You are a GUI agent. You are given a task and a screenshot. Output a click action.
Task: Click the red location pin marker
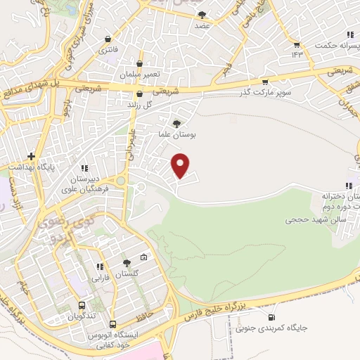[x=181, y=165]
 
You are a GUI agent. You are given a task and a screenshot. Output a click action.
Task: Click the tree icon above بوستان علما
[x=176, y=123]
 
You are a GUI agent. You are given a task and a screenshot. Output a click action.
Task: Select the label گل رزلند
[x=139, y=105]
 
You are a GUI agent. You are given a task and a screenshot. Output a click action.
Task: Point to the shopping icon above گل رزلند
[x=139, y=94]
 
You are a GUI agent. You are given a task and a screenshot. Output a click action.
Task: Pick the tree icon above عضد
[x=202, y=14]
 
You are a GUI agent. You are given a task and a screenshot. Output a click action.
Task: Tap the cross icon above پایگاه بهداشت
[x=30, y=155]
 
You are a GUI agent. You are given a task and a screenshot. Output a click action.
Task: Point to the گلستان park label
[x=127, y=273]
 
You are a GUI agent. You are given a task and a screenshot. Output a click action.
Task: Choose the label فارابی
[x=99, y=277]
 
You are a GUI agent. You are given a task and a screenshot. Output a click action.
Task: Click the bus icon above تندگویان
[x=82, y=306]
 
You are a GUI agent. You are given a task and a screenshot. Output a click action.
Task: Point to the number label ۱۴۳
[x=297, y=54]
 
